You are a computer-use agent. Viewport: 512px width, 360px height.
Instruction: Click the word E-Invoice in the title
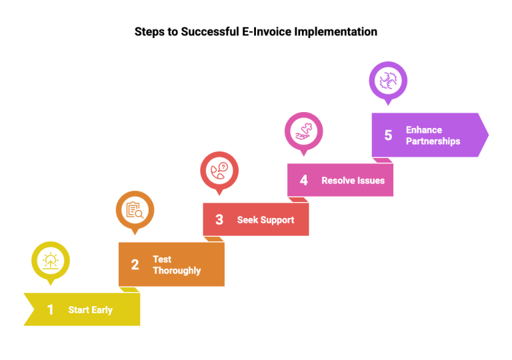[x=267, y=32]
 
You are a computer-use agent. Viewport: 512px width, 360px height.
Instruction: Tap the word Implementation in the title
[x=336, y=32]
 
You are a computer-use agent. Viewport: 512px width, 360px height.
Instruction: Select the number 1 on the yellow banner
[x=50, y=309]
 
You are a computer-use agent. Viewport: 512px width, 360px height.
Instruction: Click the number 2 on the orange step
[x=135, y=264]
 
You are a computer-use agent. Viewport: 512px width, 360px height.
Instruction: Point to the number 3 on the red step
[x=219, y=219]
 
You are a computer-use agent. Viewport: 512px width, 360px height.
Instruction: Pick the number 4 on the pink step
[x=304, y=180]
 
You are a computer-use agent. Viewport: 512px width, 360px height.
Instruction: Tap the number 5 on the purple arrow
[x=388, y=135]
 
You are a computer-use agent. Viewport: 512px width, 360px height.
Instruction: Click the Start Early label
[x=91, y=310]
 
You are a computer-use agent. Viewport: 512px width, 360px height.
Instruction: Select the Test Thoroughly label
[x=177, y=265]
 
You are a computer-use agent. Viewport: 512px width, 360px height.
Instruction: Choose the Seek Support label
[x=265, y=220]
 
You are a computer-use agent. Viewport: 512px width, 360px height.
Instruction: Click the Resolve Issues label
[x=353, y=180]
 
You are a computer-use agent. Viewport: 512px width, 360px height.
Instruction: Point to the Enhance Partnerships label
[x=433, y=135]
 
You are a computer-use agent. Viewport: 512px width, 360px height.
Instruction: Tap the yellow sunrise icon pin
[x=51, y=262]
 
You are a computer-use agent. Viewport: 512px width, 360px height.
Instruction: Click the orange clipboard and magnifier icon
[x=135, y=210]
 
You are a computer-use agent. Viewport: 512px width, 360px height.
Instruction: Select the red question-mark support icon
[x=219, y=171]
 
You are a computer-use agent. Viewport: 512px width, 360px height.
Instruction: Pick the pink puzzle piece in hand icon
[x=304, y=131]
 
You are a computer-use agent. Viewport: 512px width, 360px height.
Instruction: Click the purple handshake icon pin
[x=388, y=82]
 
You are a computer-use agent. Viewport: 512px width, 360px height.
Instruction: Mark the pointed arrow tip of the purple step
[x=489, y=135]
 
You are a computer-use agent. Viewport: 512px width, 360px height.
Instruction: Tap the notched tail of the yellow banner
[x=34, y=309]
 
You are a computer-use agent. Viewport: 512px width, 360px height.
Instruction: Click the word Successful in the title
[x=210, y=32]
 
